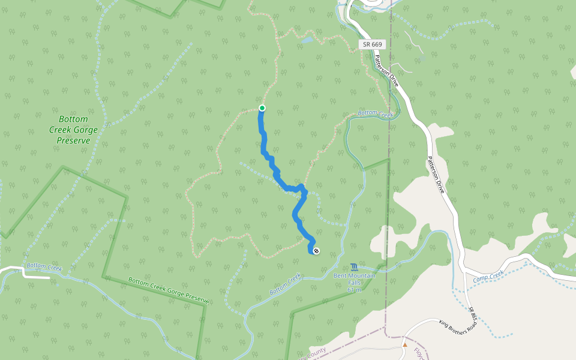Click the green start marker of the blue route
[x=262, y=108]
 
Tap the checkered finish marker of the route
[x=316, y=251]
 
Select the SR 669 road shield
[x=372, y=44]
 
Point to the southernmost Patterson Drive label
[x=436, y=175]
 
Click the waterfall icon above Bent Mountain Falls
[x=353, y=266]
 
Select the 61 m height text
[x=354, y=290]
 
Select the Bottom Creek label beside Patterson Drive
[x=375, y=113]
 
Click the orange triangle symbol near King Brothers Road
[x=405, y=345]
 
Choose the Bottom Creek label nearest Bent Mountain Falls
[x=285, y=284]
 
